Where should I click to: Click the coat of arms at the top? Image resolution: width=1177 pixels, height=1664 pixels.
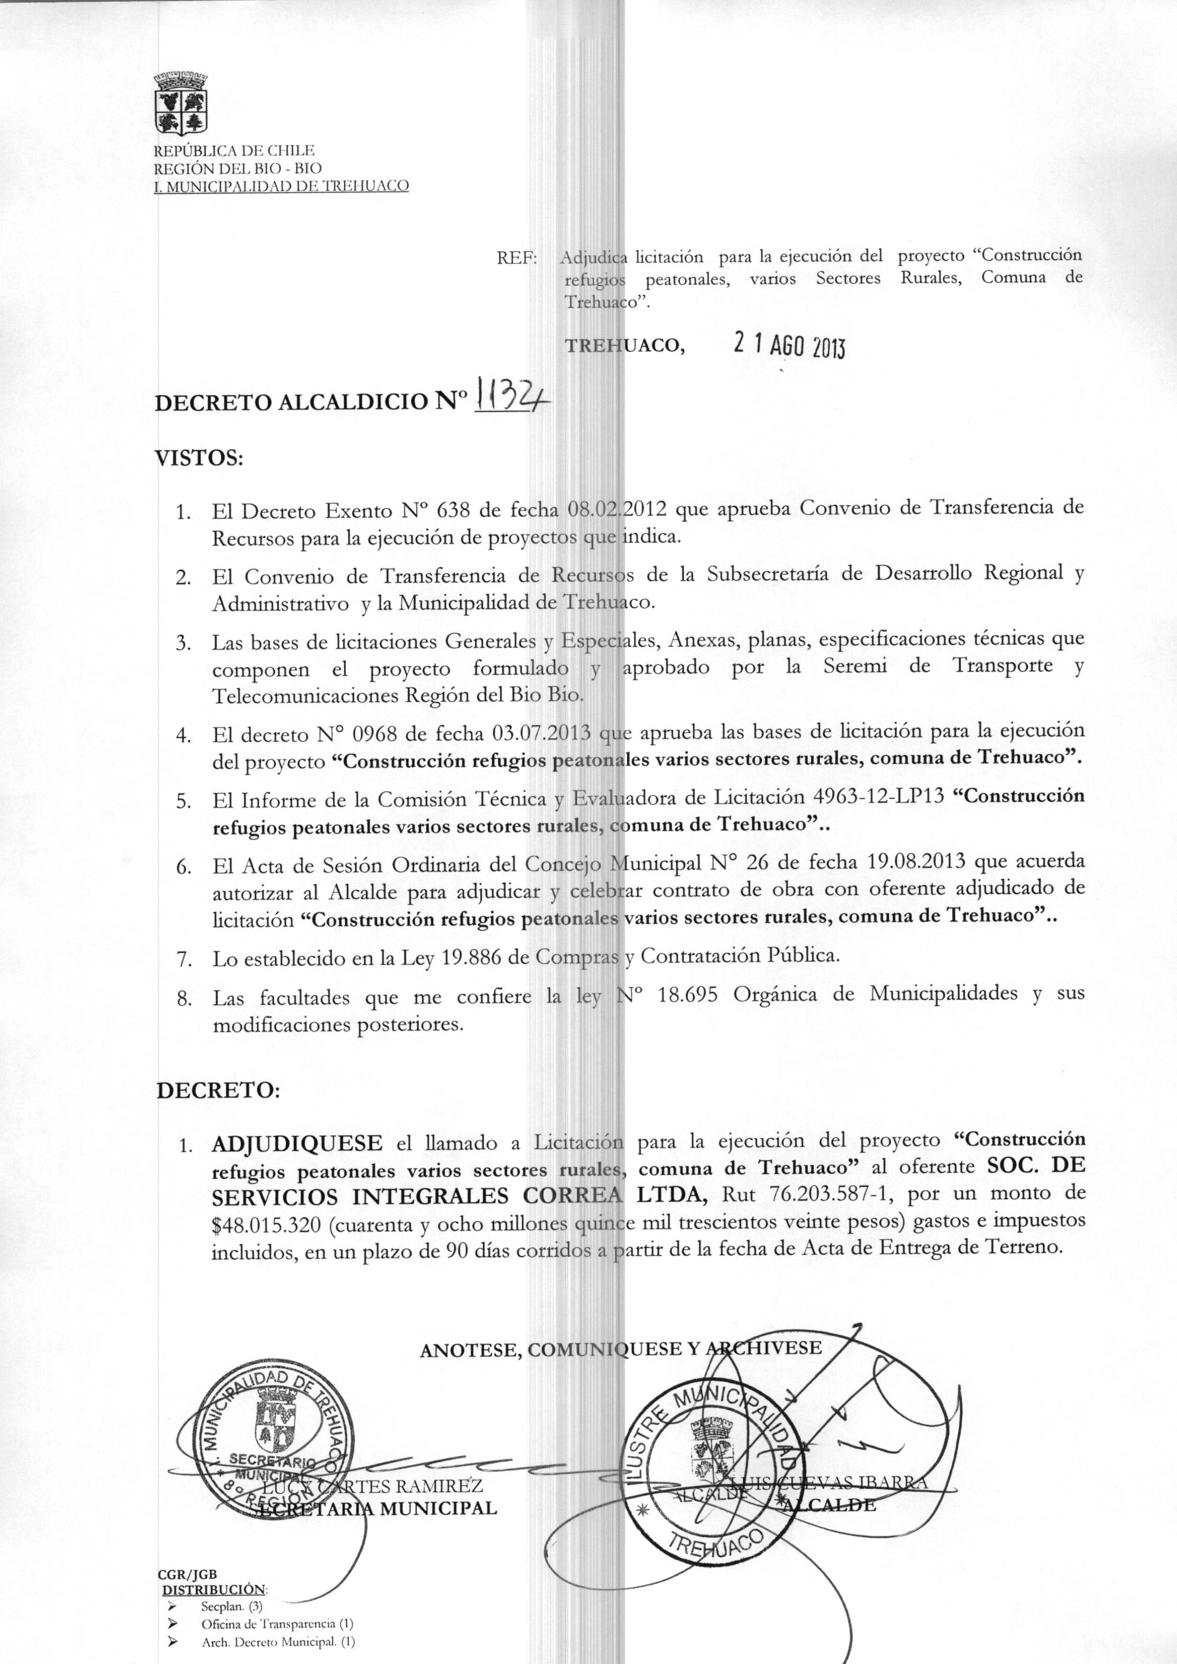(x=182, y=103)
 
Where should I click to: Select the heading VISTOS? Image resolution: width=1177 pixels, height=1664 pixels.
(x=199, y=458)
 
